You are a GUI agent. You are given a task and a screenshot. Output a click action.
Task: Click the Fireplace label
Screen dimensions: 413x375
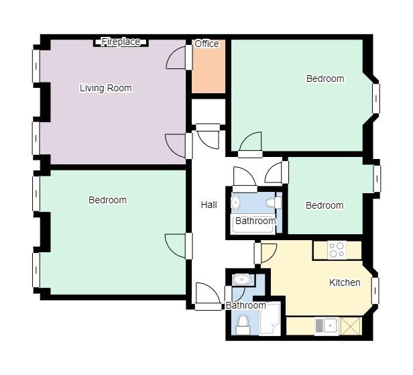[x=121, y=42]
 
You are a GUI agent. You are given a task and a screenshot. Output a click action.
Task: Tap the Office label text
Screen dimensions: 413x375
[x=206, y=44]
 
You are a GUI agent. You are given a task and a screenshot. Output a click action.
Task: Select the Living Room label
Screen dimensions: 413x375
[x=106, y=88]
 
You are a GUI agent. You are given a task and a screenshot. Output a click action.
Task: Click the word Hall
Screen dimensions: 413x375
[x=209, y=205]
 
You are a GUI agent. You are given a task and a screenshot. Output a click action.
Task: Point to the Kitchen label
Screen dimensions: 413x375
[x=345, y=282]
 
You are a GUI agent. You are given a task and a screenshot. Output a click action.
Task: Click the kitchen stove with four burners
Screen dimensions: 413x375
[x=337, y=250]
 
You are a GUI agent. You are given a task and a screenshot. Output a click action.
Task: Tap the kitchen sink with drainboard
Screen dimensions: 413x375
[x=327, y=326]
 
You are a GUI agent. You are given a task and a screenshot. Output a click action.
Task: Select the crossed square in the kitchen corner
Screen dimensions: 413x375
[x=351, y=326]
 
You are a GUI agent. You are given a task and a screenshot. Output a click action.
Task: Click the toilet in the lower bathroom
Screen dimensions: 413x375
[x=243, y=325]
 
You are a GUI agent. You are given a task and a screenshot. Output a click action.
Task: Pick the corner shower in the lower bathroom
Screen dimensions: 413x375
[x=270, y=319]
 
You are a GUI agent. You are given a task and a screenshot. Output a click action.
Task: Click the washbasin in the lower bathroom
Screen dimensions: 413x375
[x=243, y=279]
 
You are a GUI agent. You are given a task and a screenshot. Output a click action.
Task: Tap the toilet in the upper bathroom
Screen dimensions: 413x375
[x=274, y=203]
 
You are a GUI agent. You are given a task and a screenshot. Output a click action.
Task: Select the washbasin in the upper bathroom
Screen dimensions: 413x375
[x=235, y=202]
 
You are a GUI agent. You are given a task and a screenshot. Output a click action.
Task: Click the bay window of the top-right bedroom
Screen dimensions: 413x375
[x=376, y=99]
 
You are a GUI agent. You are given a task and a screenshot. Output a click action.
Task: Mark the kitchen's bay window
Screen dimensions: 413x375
[x=375, y=290]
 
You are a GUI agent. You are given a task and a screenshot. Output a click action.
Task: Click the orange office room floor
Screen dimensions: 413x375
[x=209, y=68]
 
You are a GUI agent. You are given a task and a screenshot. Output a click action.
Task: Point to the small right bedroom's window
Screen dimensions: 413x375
[x=377, y=178]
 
